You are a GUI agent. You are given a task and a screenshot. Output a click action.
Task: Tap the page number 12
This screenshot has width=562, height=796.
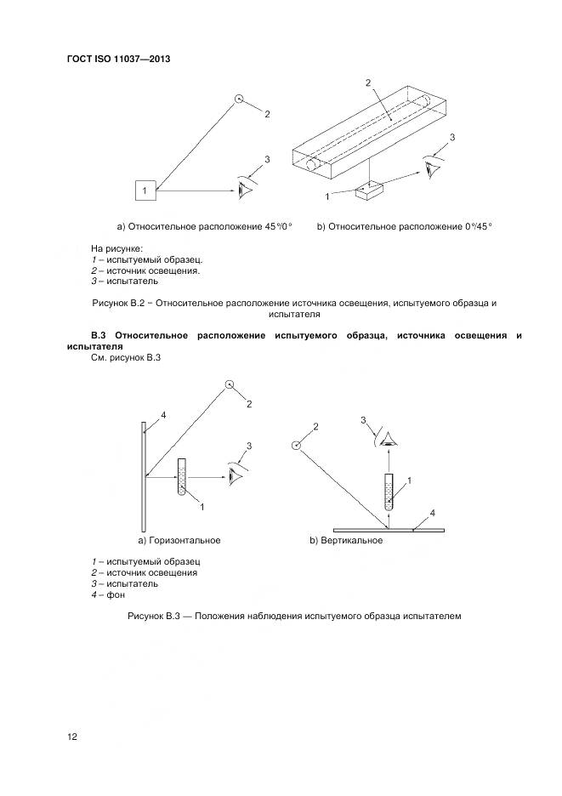[72, 736]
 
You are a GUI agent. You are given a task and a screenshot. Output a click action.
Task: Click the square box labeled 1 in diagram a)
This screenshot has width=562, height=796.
[145, 191]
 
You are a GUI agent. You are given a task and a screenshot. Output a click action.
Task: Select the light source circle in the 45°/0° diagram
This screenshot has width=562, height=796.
[240, 99]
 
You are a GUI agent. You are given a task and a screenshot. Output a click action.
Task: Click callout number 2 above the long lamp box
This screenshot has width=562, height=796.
[367, 83]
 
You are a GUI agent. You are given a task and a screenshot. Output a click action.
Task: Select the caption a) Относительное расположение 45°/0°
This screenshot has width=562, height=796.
[204, 226]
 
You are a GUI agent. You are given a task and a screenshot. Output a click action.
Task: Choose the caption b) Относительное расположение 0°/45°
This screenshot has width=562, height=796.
[405, 226]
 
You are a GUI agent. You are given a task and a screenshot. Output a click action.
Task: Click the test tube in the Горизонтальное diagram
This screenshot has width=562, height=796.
[180, 478]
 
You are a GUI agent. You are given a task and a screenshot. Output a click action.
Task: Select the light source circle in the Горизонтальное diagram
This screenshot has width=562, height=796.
[229, 385]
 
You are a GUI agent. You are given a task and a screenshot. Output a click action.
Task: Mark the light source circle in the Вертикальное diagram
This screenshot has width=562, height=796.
[297, 444]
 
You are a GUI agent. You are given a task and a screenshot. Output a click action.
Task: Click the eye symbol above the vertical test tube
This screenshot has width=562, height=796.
[388, 440]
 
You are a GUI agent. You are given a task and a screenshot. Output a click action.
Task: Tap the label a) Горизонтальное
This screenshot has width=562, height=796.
[179, 540]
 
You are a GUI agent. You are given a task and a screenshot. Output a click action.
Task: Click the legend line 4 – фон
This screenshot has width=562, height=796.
[108, 595]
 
